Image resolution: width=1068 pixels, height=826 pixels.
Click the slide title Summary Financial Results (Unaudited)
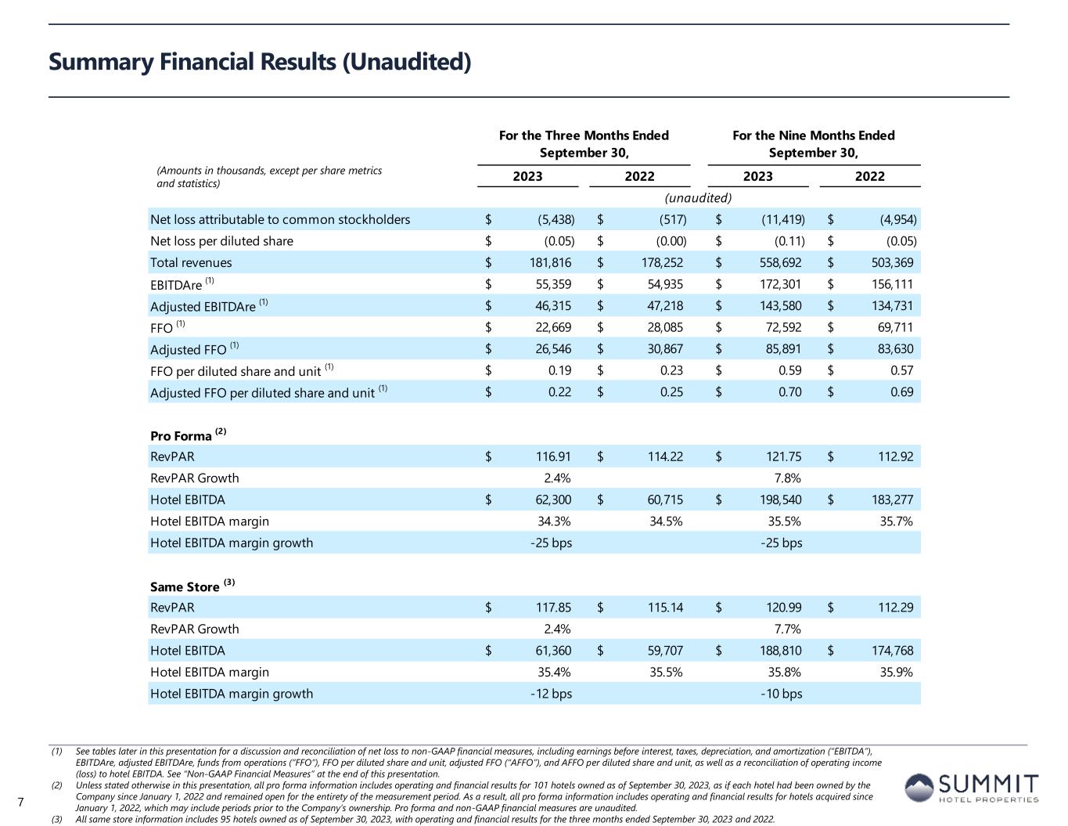(260, 62)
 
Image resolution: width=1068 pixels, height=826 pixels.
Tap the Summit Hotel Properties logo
(973, 788)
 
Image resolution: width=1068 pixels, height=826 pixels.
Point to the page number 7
(21, 802)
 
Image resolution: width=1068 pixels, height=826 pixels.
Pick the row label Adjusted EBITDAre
(203, 307)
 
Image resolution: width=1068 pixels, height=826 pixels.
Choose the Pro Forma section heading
(182, 436)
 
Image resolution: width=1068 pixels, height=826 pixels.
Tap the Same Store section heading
(185, 587)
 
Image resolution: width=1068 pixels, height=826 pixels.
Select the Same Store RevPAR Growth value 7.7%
(786, 629)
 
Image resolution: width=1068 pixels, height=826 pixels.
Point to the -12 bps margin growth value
(551, 694)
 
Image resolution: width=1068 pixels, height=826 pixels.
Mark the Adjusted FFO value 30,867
(661, 349)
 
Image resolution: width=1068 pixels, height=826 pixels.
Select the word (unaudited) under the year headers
(698, 198)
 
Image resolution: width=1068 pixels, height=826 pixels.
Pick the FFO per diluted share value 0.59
(789, 370)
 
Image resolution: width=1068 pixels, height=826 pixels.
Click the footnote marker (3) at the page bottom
(56, 820)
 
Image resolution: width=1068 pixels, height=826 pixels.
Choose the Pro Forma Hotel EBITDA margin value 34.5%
(666, 521)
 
